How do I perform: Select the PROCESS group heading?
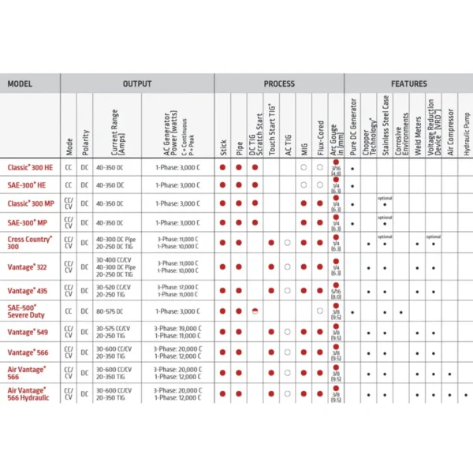pos(279,84)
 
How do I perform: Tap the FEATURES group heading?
pos(408,84)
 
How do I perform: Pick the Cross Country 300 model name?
pos(30,240)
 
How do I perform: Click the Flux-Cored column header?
pos(319,126)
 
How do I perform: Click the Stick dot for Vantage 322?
pos(224,265)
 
